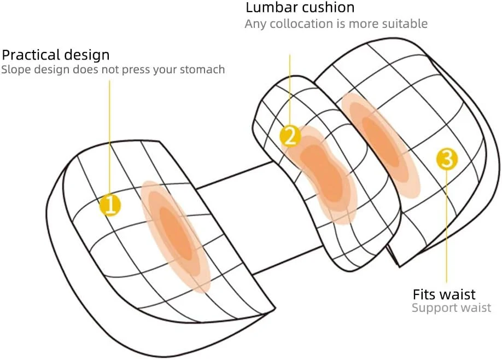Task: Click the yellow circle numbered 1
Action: coord(110,205)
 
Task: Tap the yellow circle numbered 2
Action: coord(290,136)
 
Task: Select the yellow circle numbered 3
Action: coord(447,159)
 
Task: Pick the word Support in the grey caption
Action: coord(431,308)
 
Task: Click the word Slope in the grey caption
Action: coord(14,69)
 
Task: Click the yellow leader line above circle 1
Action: coord(110,137)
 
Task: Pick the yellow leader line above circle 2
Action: coord(290,88)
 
